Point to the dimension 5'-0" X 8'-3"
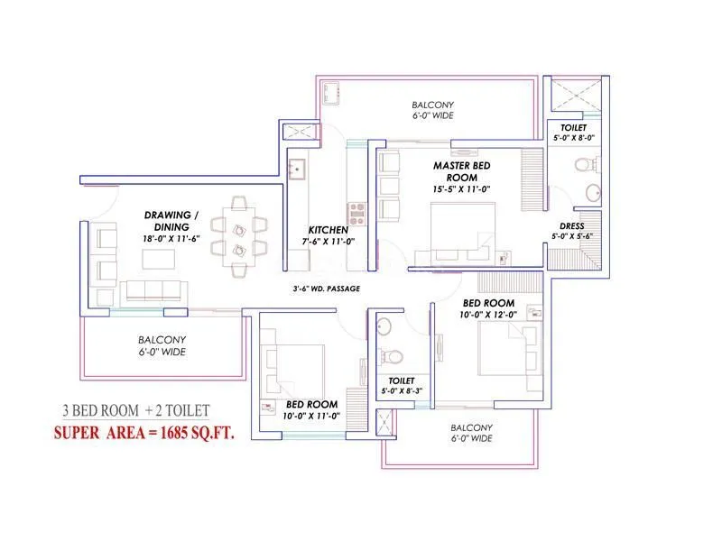tap(400, 390)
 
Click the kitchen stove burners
tap(356, 214)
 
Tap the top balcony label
tap(428, 110)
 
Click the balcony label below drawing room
tap(162, 346)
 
